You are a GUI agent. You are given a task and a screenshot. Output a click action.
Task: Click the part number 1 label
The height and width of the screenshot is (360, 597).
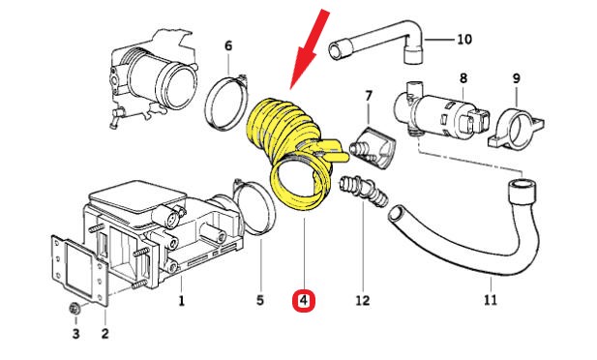pyautogui.click(x=182, y=301)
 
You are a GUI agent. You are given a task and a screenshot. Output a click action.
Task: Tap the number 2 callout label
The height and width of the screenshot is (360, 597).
pyautogui.click(x=105, y=333)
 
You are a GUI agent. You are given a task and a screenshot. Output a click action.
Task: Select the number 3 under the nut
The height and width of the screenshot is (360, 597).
pyautogui.click(x=75, y=333)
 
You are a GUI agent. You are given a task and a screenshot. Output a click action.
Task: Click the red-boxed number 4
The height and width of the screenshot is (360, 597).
pyautogui.click(x=304, y=301)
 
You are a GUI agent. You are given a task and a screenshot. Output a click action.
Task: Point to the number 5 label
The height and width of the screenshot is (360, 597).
pyautogui.click(x=260, y=300)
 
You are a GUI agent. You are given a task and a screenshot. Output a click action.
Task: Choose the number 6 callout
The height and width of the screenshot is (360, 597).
pyautogui.click(x=228, y=45)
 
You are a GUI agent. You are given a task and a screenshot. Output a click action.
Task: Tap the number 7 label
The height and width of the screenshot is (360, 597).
pyautogui.click(x=369, y=96)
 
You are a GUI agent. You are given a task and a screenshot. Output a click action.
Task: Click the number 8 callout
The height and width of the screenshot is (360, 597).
pyautogui.click(x=463, y=78)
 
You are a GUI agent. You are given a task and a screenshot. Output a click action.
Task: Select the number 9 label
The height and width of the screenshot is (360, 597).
pyautogui.click(x=517, y=78)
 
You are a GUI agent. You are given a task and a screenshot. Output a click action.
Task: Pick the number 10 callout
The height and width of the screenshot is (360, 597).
pyautogui.click(x=464, y=39)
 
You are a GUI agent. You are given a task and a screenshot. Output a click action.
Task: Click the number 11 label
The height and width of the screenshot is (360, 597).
pyautogui.click(x=491, y=300)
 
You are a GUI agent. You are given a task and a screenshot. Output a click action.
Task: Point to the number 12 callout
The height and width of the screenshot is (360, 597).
pyautogui.click(x=363, y=300)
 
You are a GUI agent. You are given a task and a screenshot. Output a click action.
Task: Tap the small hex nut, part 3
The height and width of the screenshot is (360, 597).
pyautogui.click(x=75, y=308)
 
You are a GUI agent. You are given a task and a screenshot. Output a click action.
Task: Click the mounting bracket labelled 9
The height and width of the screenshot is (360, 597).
pyautogui.click(x=516, y=130)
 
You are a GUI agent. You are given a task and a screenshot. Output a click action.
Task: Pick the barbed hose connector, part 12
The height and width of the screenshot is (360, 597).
pyautogui.click(x=363, y=189)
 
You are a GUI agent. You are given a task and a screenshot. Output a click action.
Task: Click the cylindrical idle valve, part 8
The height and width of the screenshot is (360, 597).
pyautogui.click(x=441, y=110)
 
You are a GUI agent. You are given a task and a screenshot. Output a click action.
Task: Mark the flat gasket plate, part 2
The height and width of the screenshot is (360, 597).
pyautogui.click(x=80, y=270)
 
